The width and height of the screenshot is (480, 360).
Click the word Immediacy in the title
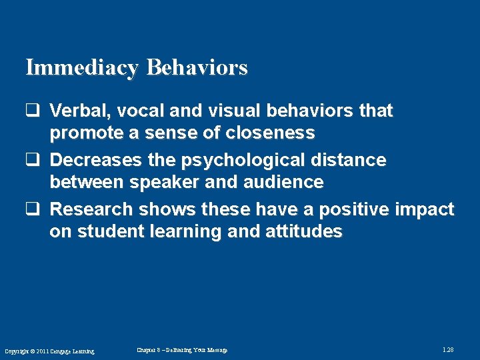[x=83, y=67]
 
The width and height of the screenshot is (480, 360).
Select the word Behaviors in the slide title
[x=197, y=67]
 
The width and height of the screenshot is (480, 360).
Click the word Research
[x=92, y=209]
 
